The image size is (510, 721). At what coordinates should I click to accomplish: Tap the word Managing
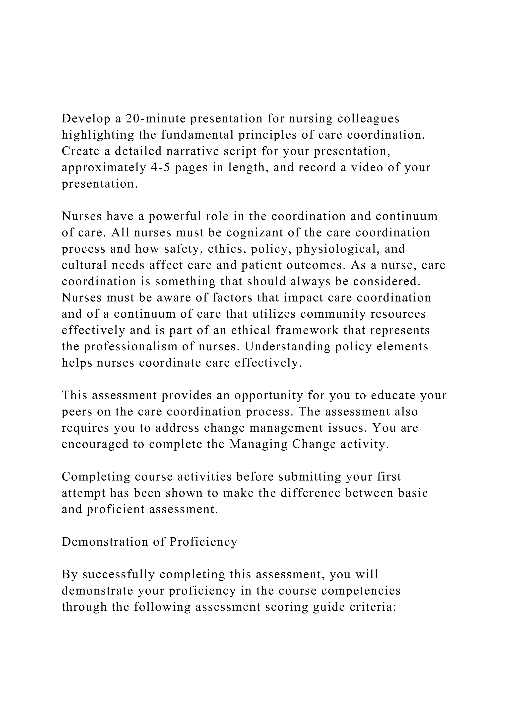tap(258, 444)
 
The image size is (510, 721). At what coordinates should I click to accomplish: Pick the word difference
tap(310, 493)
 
